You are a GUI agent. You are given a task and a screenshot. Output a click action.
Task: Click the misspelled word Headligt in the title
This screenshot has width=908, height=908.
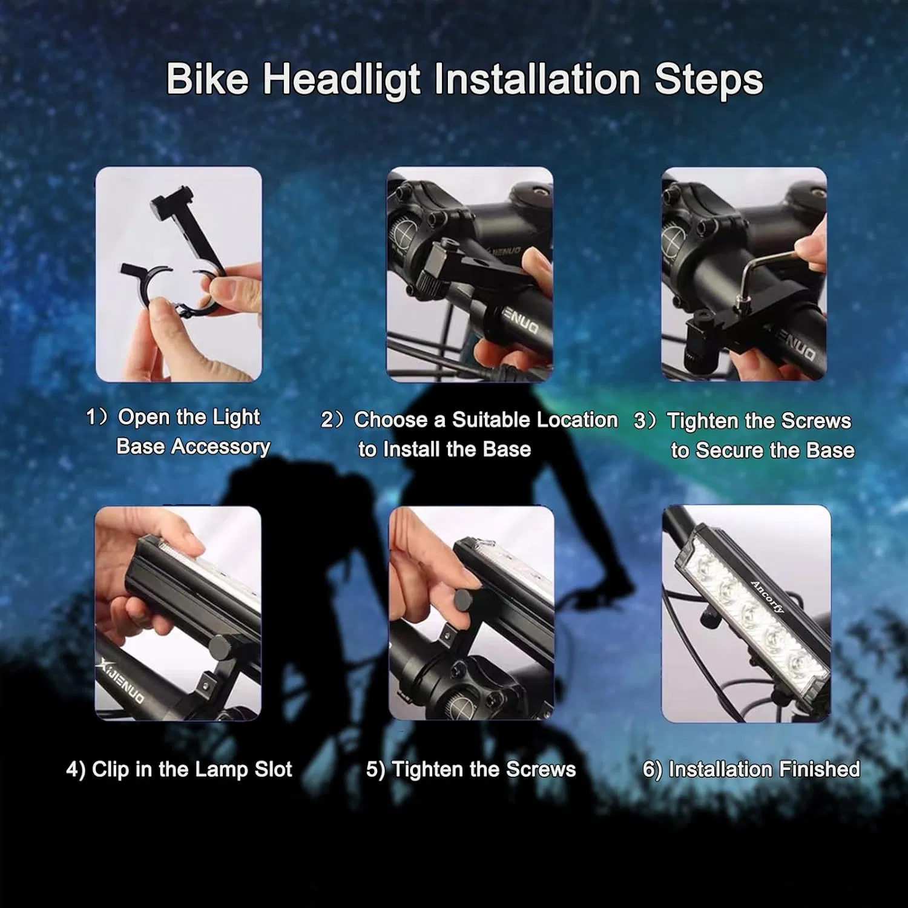pyautogui.click(x=341, y=80)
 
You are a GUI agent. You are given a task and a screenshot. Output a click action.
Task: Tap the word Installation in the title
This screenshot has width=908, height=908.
pyautogui.click(x=538, y=79)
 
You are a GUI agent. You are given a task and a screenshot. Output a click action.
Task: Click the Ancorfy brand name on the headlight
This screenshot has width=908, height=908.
pyautogui.click(x=768, y=597)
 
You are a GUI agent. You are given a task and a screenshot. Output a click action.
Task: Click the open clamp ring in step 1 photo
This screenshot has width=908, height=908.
pyautogui.click(x=176, y=291)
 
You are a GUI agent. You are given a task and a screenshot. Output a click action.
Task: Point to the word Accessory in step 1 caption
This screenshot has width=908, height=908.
pyautogui.click(x=220, y=447)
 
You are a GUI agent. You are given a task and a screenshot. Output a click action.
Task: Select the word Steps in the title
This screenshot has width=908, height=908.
pyautogui.click(x=709, y=79)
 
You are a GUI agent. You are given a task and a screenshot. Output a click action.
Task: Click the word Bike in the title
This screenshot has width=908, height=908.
pyautogui.click(x=207, y=79)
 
